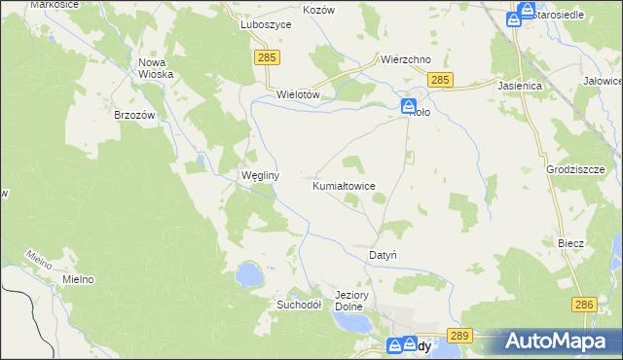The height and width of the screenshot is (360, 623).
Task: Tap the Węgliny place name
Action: [x=261, y=176]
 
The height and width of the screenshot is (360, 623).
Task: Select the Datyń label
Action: [x=383, y=255]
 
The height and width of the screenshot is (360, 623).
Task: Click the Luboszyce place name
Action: [x=266, y=26]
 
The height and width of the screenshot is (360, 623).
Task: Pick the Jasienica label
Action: [x=519, y=86]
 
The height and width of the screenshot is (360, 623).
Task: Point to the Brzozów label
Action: [x=134, y=115]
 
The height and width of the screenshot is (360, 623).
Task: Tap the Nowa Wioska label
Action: [x=156, y=68]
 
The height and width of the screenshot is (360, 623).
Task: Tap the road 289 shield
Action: [x=461, y=335]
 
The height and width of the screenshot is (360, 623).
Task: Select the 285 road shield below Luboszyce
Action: [x=270, y=59]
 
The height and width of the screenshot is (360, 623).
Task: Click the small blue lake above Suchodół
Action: [x=248, y=273]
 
